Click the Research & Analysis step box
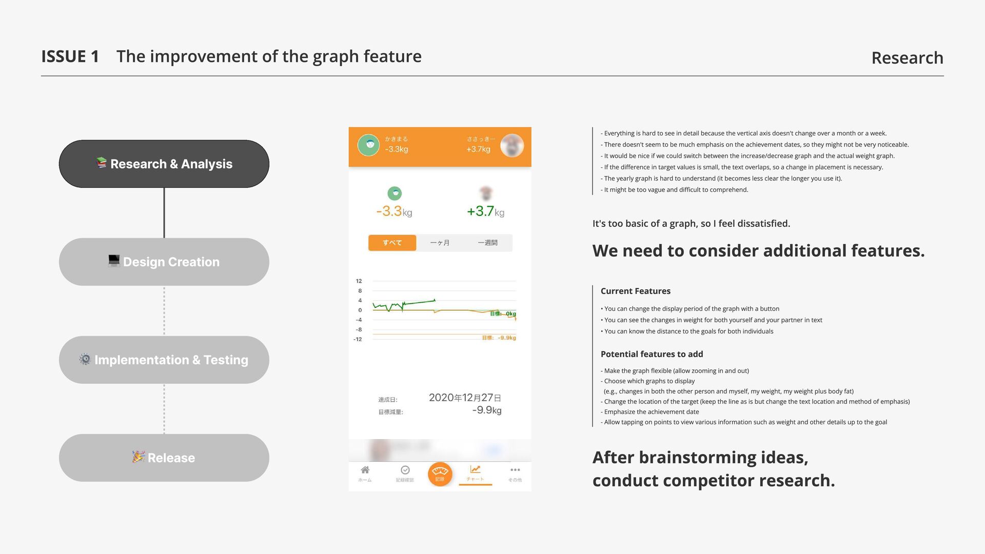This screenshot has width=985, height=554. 164,164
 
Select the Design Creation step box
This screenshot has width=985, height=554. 164,262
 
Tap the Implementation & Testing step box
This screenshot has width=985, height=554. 164,360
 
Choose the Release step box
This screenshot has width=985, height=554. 164,458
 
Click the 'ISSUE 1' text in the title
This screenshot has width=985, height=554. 70,56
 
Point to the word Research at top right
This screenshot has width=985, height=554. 907,57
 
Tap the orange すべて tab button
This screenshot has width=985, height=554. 392,243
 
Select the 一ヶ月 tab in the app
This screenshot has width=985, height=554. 440,243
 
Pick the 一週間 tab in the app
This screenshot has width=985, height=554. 487,243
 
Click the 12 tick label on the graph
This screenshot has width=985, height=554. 359,281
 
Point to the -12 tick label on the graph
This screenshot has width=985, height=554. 358,339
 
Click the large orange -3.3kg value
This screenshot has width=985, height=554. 394,211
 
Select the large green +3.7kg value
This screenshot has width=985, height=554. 485,211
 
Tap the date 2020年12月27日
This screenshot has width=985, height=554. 465,398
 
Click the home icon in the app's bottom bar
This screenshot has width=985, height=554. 365,470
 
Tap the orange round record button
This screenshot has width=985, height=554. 440,473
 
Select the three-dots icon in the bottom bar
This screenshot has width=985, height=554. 515,470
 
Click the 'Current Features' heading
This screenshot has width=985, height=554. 635,291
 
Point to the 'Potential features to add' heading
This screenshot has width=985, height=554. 652,354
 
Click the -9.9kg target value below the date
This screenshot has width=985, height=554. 486,410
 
